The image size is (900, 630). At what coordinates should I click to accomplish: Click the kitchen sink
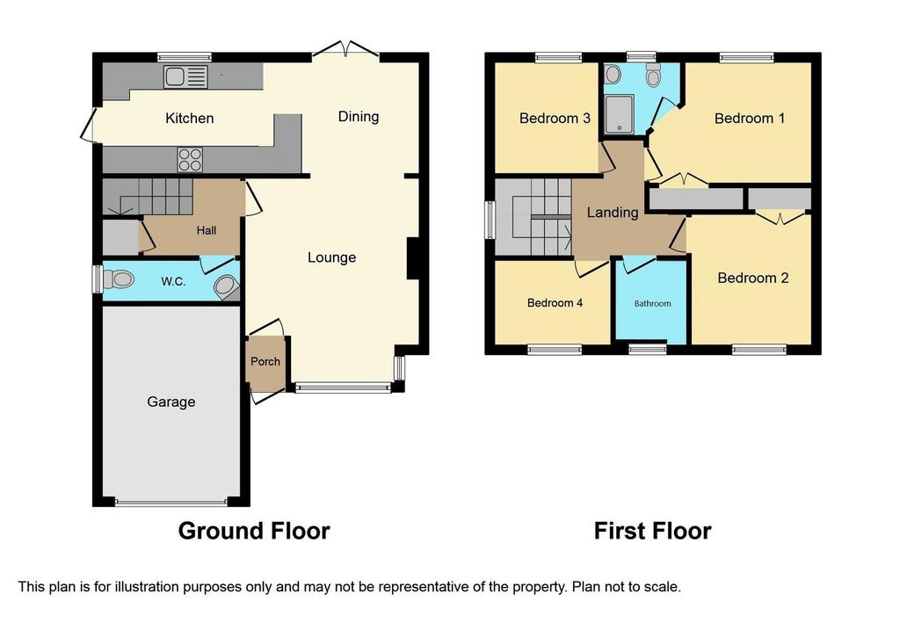185,77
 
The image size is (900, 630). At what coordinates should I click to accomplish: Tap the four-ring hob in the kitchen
190,160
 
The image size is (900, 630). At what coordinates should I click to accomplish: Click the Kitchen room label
190,119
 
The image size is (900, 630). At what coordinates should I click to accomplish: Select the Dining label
359,117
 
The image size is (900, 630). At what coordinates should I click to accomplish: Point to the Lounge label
331,257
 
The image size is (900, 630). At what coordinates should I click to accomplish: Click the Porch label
265,361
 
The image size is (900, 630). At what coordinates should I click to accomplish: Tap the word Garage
171,402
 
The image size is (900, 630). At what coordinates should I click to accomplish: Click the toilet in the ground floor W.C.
119,280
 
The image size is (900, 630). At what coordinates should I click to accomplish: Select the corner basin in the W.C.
228,288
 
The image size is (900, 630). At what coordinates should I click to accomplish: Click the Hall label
207,231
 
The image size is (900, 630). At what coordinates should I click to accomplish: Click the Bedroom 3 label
555,119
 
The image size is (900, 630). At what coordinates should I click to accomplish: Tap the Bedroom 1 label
750,119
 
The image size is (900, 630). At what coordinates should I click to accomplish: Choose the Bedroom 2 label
753,279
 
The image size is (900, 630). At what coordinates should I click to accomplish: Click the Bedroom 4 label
555,303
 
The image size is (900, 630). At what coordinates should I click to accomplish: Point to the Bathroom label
653,303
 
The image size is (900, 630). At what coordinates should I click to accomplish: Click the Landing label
613,213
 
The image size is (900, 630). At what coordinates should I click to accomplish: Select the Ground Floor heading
254,531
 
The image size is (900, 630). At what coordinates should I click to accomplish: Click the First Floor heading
653,531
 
